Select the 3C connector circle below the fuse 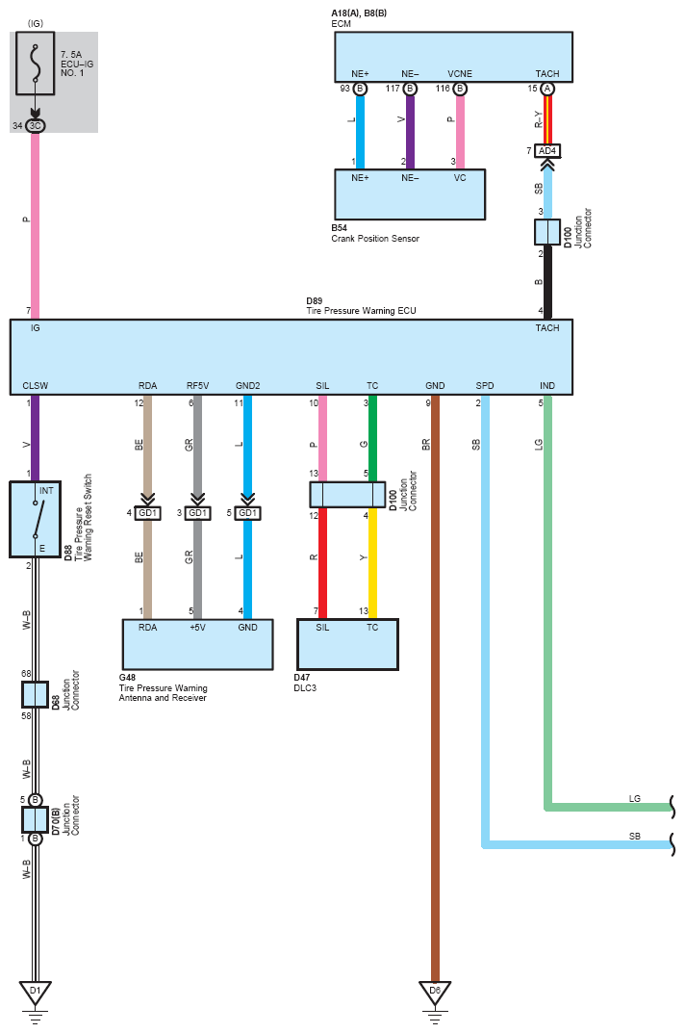pos(35,125)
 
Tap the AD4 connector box pos(546,151)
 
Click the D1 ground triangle pos(35,990)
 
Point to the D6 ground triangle pos(435,990)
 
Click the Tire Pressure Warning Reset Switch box pos(36,519)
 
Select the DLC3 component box pos(347,644)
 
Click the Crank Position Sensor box pos(409,194)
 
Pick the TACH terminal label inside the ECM pos(546,73)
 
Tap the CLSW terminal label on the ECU pos(36,386)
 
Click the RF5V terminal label pos(197,386)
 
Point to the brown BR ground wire pos(435,674)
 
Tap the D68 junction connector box pos(36,695)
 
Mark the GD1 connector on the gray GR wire pos(197,513)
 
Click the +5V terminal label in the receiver pos(197,627)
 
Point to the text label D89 pos(316,300)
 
